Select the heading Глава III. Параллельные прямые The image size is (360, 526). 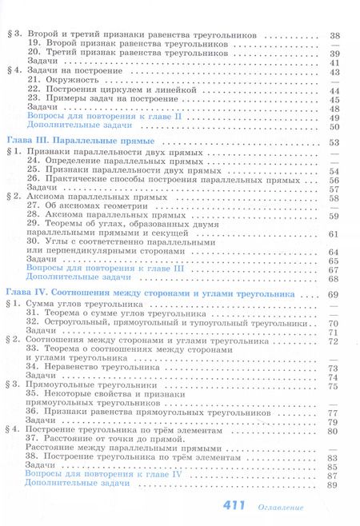(x=63, y=141)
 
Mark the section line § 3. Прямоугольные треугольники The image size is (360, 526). (x=84, y=386)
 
